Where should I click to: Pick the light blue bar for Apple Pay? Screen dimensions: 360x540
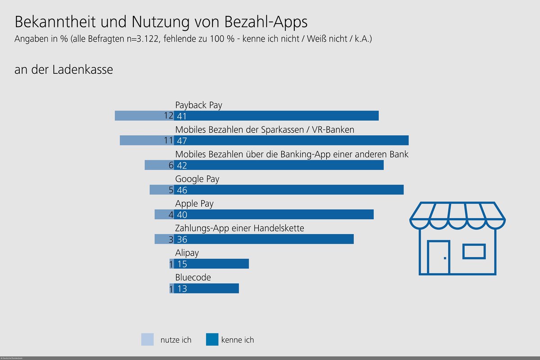tap(161, 214)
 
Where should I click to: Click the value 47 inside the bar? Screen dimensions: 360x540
tap(182, 140)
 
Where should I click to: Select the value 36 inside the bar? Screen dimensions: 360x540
tap(182, 239)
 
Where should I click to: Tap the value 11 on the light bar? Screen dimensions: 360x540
tap(168, 140)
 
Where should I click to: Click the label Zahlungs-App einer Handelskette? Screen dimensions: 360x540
tap(239, 228)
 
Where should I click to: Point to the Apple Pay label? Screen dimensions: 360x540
tap(194, 204)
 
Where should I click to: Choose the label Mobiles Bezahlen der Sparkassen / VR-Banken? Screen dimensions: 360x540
tap(265, 130)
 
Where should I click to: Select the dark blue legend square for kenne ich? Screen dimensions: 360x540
tap(212, 339)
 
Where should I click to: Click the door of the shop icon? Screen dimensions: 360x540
tap(439, 257)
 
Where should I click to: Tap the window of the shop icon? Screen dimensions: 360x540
tap(474, 251)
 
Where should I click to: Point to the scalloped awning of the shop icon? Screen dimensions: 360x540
tap(457, 213)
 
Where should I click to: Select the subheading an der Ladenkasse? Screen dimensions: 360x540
tap(64, 70)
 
